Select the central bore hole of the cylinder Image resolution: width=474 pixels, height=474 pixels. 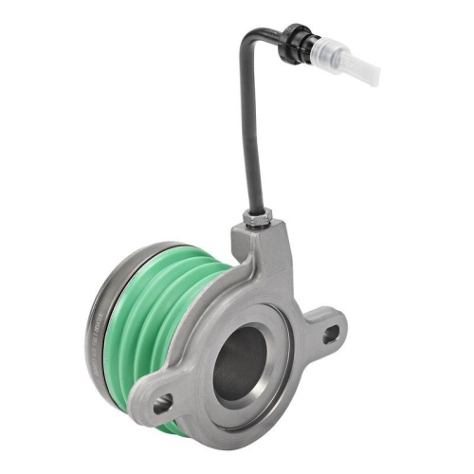pos(241,364)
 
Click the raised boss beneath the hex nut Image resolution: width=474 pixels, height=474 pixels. pos(258,243)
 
